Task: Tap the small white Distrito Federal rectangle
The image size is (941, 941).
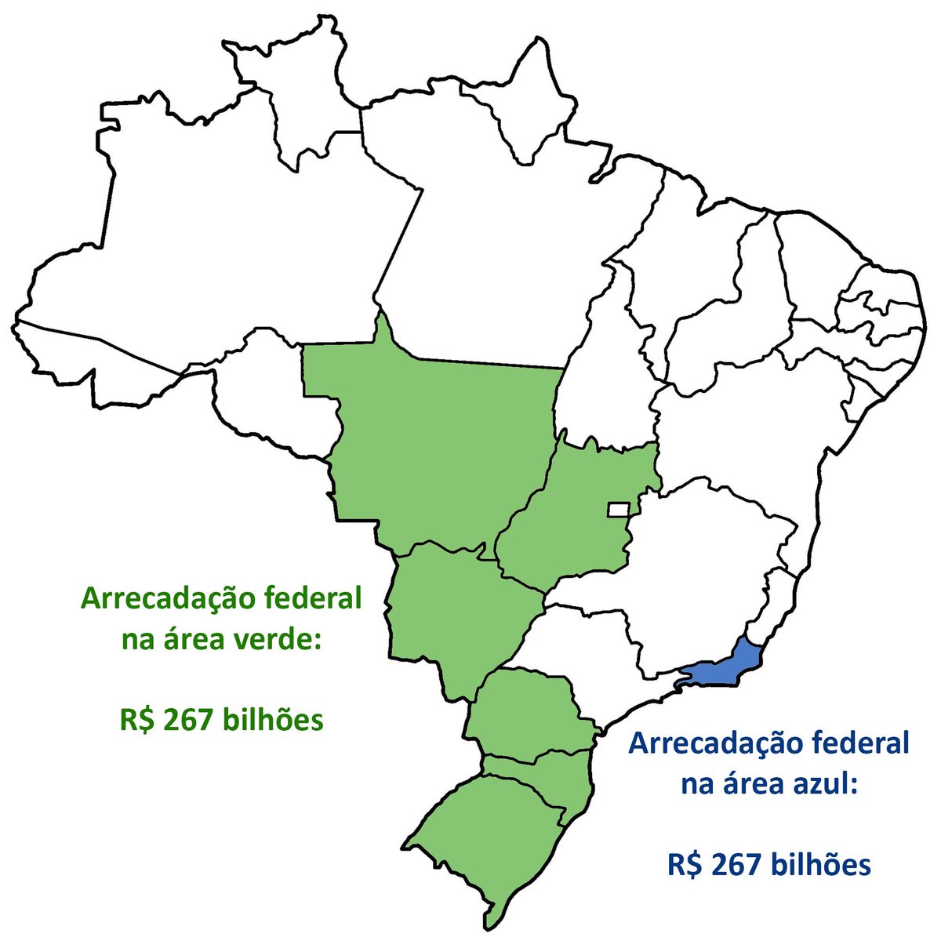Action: pyautogui.click(x=618, y=510)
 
